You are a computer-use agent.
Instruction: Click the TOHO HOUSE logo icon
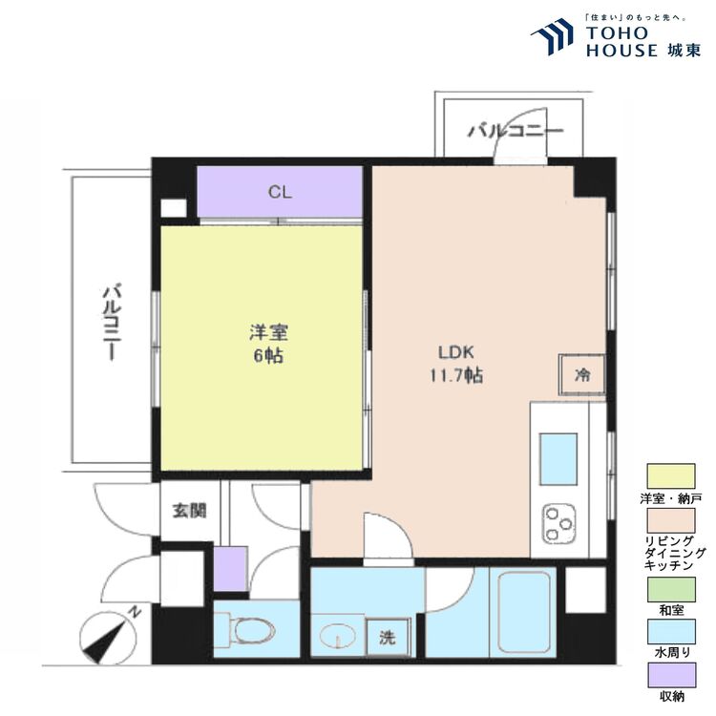coord(552,37)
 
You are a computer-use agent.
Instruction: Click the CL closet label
coord(280,192)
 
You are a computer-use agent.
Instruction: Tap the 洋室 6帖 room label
coord(268,344)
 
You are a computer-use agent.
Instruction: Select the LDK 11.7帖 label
coord(456,364)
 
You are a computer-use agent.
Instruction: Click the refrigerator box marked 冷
coord(582,375)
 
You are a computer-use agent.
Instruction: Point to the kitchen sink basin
coord(558,459)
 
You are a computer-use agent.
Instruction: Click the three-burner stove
coord(558,523)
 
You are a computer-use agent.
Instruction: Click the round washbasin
coord(337,636)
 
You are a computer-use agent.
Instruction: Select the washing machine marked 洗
coord(388,637)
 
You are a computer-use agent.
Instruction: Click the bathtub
coord(524,612)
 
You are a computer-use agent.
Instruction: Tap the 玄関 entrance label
coord(190,511)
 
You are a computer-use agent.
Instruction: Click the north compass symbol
coord(108,635)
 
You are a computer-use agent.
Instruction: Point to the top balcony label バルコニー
coord(516,131)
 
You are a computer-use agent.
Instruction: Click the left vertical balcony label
coord(112,323)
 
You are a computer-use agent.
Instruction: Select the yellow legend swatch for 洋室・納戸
coord(671,476)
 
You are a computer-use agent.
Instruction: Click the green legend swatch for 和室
coord(671,589)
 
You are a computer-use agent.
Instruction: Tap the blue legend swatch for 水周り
coord(671,632)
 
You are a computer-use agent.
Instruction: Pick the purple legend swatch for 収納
coord(672,675)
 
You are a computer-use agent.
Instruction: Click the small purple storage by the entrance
coord(231,569)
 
